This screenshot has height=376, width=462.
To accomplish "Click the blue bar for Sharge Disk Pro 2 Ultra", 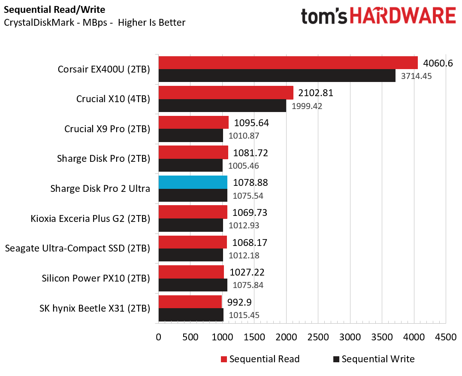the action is (193, 182).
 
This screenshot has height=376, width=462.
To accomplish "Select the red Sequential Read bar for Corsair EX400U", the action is (288, 63).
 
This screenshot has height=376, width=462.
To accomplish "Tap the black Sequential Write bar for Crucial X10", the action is (223, 106).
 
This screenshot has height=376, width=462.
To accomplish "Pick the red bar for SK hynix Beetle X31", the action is (190, 302).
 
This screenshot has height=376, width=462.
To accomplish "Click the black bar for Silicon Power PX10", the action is (193, 285).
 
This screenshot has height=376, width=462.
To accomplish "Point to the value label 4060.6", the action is (438, 63).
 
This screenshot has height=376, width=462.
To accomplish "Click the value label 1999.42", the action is (307, 106).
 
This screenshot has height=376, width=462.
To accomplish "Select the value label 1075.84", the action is (248, 285).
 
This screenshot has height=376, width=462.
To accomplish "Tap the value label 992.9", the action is (239, 302).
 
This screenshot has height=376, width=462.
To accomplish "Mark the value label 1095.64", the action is (251, 123).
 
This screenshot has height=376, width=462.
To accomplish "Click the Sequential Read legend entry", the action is (260, 359).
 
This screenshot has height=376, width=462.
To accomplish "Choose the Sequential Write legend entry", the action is (374, 359).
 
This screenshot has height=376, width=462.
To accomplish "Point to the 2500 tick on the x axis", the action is (318, 337).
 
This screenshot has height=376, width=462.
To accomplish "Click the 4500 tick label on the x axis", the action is (446, 337).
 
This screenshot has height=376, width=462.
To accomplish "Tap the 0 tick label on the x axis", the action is (159, 337).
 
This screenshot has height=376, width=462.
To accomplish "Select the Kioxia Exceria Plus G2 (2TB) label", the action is (90, 218).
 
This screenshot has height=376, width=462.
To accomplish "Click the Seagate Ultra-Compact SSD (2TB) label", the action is (78, 249).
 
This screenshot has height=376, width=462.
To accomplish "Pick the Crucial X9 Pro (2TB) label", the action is (107, 129).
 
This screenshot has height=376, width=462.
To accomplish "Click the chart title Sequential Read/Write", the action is (54, 10).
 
